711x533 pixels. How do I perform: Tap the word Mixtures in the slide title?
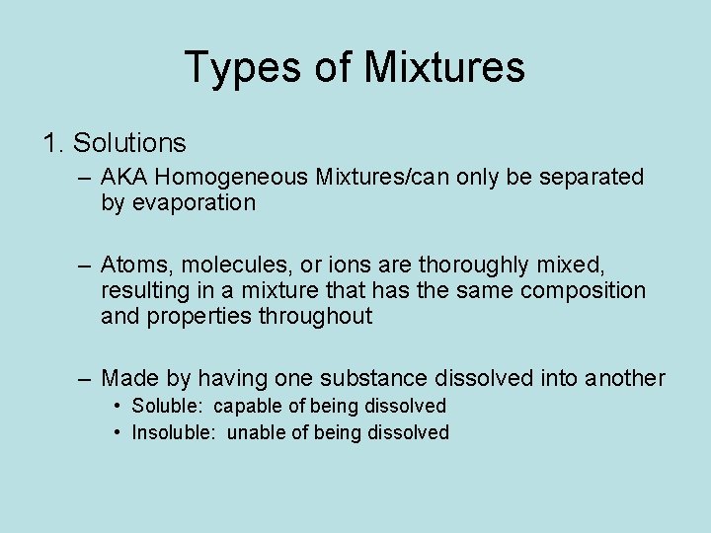coord(443,68)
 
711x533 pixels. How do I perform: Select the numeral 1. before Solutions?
coord(53,143)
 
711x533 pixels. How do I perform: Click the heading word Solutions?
coord(129,143)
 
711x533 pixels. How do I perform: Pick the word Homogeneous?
coord(232,178)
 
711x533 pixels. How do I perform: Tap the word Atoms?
coord(134,266)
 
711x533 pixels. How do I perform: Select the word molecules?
coord(225,266)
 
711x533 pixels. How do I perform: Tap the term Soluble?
coord(169,407)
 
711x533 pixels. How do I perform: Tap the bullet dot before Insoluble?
coord(118,432)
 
